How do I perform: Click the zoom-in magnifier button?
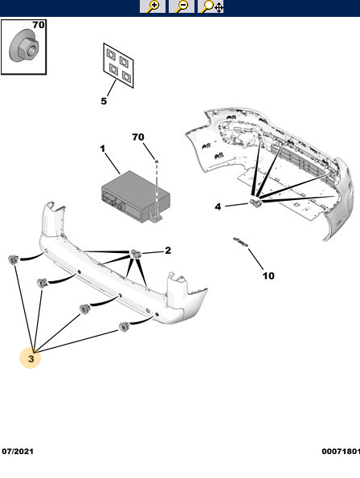(x=153, y=6)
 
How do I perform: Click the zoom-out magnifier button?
(x=182, y=6)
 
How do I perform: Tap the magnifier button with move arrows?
(x=211, y=6)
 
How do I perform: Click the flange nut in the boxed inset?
(x=24, y=48)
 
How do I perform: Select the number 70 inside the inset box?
(x=39, y=25)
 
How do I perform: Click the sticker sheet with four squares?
(x=118, y=65)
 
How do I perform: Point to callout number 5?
(x=104, y=101)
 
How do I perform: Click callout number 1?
(x=103, y=149)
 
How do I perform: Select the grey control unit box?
(x=135, y=195)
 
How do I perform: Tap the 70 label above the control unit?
(x=138, y=137)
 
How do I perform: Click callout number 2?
(x=168, y=251)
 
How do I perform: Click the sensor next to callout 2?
(x=136, y=253)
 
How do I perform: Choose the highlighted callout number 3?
(x=31, y=358)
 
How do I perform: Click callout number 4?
(x=218, y=206)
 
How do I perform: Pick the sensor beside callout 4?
(x=256, y=202)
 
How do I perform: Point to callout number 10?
(x=268, y=276)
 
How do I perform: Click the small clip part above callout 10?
(x=241, y=242)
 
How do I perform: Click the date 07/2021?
(x=18, y=451)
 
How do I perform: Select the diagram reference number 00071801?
(x=341, y=451)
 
